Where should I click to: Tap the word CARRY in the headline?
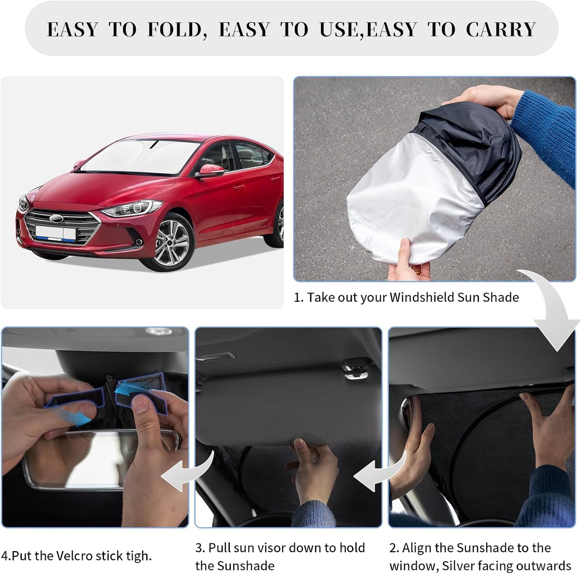[x=501, y=30]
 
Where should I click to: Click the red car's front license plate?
[x=56, y=233]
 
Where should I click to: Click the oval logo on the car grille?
[x=57, y=218]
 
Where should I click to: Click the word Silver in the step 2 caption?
[x=462, y=566]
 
